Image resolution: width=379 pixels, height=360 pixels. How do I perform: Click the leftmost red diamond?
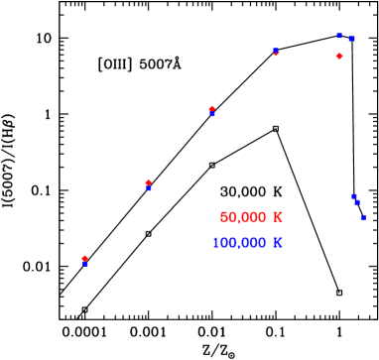(x=84, y=258)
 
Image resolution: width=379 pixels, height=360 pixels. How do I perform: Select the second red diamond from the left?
(x=149, y=181)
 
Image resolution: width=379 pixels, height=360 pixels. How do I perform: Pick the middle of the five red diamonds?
(x=212, y=108)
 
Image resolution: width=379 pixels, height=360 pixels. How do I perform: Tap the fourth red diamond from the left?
(x=276, y=53)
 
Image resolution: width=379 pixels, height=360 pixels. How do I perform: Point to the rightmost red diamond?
(x=339, y=57)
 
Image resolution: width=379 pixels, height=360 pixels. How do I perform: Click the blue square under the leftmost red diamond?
(x=85, y=265)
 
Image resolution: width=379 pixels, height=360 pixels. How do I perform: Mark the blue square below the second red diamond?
(x=149, y=187)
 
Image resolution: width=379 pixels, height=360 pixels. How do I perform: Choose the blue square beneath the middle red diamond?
(x=212, y=114)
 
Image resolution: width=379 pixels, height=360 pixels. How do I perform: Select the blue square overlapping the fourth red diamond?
(x=276, y=50)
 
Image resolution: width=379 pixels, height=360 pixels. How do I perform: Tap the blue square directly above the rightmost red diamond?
(x=339, y=36)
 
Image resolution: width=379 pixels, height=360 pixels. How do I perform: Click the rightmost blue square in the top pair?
(x=351, y=39)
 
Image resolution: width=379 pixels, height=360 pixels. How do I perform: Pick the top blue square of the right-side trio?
(x=353, y=196)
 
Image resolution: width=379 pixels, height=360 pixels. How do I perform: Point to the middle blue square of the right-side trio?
(x=357, y=202)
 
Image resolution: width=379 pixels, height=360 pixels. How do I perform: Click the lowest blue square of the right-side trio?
(x=363, y=216)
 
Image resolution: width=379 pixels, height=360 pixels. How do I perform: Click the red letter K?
(x=278, y=217)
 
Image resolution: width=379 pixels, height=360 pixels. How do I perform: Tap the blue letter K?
(x=278, y=243)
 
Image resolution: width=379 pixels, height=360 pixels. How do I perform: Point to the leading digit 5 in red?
(x=224, y=217)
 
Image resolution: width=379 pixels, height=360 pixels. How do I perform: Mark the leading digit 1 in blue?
(x=215, y=243)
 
